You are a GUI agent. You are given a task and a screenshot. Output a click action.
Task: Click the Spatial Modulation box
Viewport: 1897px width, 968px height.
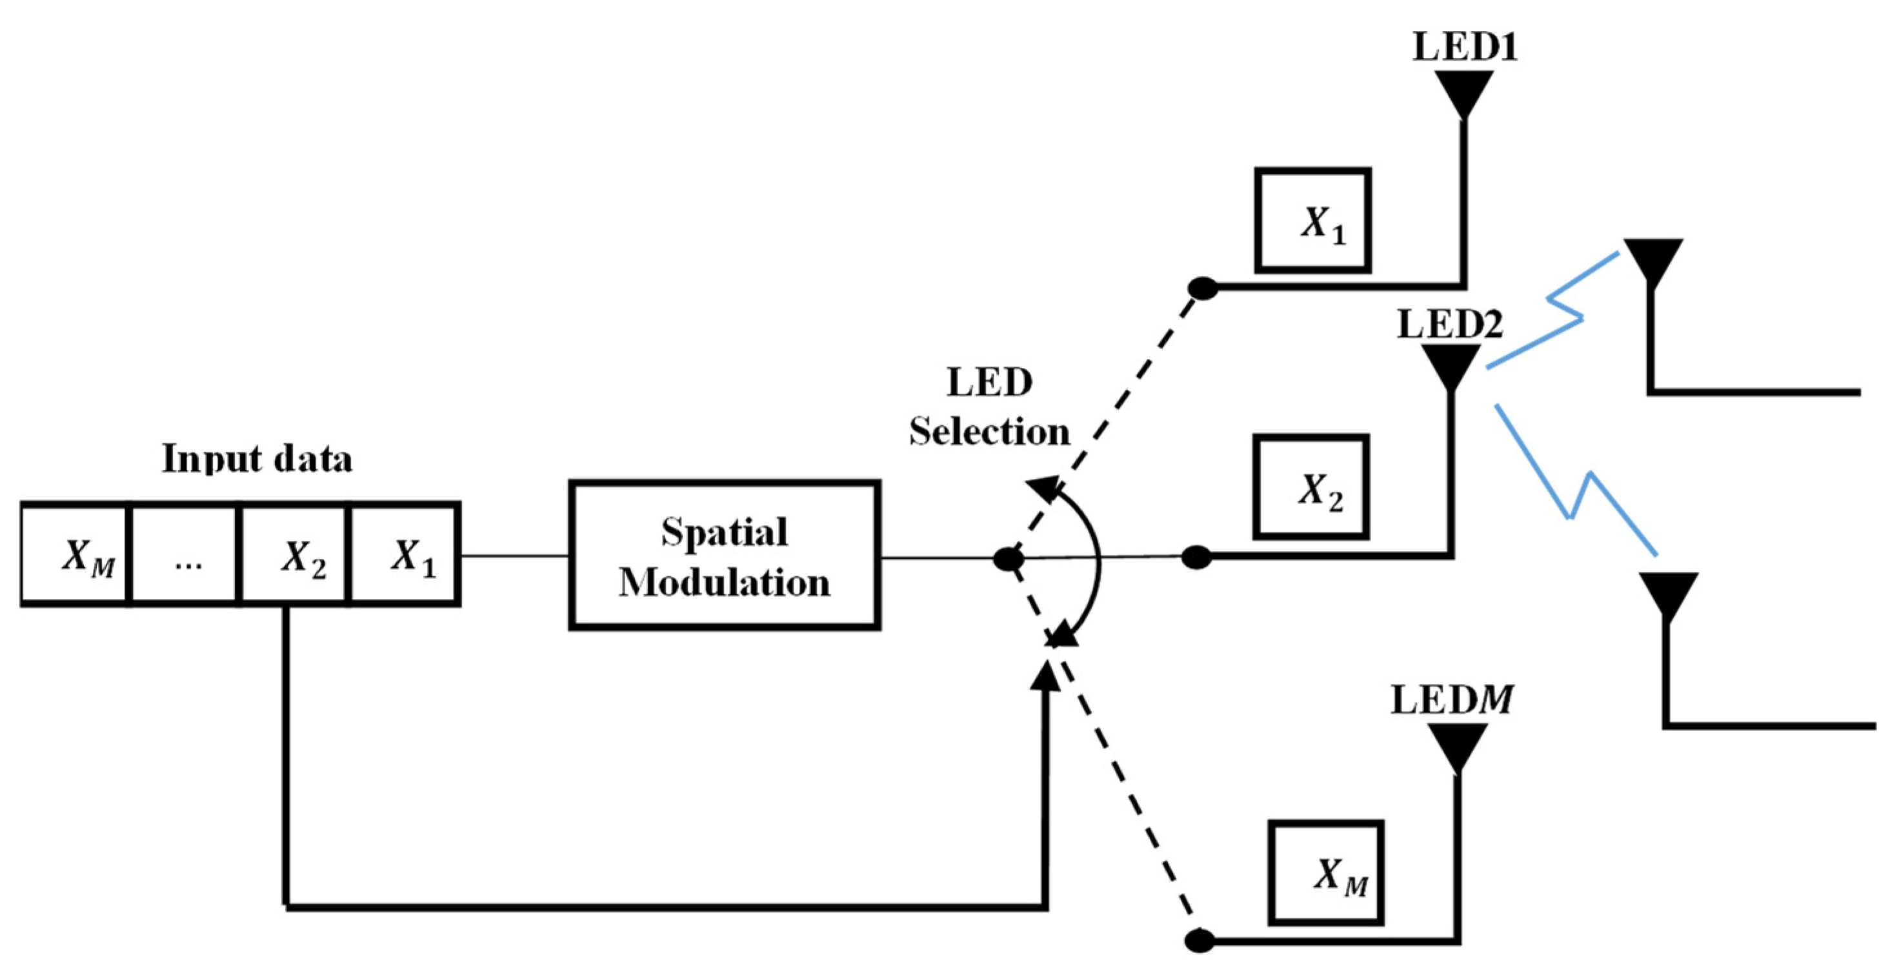pos(724,555)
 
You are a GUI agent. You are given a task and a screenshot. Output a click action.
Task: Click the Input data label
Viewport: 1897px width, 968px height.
pos(257,459)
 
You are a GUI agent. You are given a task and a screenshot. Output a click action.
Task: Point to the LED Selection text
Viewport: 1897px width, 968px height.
pos(989,407)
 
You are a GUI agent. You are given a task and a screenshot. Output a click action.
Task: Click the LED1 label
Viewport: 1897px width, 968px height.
pos(1464,46)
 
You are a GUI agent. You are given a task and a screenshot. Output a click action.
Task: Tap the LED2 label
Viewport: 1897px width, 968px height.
pos(1449,324)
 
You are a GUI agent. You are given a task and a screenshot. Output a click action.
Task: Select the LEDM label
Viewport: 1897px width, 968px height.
pos(1450,699)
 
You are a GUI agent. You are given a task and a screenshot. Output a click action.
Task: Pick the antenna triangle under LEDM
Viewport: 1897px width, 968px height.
pos(1458,744)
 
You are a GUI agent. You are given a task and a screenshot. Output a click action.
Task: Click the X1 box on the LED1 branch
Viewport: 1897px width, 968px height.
pos(1312,220)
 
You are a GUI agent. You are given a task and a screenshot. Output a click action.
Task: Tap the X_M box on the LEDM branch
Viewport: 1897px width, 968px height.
pos(1325,872)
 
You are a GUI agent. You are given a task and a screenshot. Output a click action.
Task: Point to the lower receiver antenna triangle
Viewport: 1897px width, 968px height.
pos(1668,594)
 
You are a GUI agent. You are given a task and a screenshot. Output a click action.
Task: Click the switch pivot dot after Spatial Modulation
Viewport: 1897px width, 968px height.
pos(1008,559)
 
